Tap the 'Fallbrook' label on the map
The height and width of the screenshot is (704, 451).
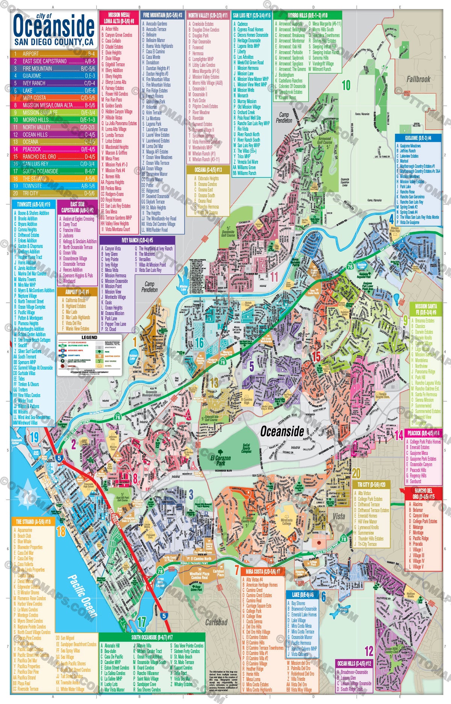418,79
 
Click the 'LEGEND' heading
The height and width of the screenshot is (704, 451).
89,337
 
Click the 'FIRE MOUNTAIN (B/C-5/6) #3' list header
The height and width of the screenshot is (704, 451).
162,15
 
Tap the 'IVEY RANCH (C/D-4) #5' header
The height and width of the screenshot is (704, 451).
137,240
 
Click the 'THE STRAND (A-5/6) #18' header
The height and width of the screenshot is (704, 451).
33,522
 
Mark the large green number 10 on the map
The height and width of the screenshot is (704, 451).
346,85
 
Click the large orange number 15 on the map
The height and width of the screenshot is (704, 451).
316,356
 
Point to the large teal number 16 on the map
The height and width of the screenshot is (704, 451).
199,342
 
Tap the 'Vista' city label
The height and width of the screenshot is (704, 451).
339,516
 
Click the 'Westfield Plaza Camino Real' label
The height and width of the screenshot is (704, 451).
199,576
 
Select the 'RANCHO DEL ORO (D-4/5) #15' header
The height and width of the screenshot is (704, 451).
423,493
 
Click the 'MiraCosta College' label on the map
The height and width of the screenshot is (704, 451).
286,522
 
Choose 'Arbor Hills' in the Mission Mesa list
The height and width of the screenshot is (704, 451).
112,29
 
